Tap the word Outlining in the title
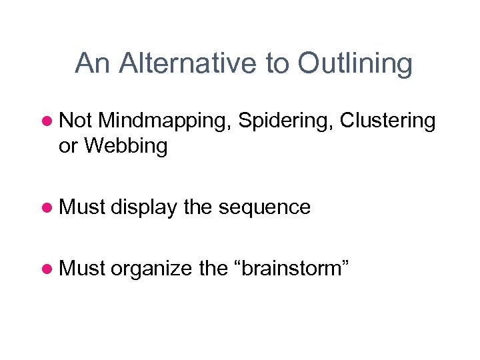[x=355, y=64]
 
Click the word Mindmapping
[x=165, y=121]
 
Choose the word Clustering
[x=387, y=121]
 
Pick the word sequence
[x=265, y=207]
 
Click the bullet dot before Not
[x=47, y=122]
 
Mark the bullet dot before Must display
[x=47, y=208]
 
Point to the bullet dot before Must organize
[x=47, y=269]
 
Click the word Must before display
[x=83, y=207]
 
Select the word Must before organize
[x=83, y=269]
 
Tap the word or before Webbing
[x=68, y=147]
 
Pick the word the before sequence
[x=197, y=207]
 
